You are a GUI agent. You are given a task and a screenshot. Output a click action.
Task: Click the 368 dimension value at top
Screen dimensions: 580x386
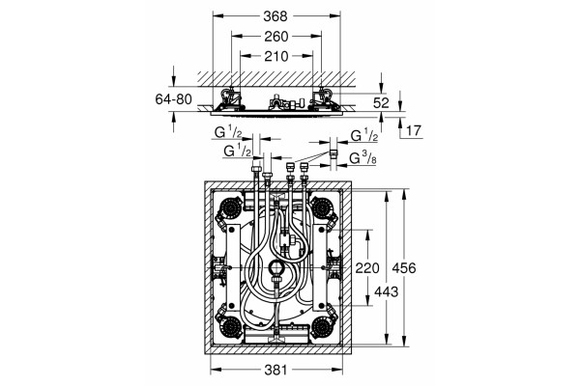tap(275, 15)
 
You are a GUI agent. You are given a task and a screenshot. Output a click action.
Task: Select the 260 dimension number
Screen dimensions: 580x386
tap(275, 37)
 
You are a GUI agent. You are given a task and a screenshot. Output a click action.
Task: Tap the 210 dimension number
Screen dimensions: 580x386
tap(275, 56)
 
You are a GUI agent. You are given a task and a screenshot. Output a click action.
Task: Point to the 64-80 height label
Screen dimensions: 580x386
tap(173, 99)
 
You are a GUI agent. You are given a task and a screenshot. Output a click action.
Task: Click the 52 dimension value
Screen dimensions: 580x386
tap(381, 103)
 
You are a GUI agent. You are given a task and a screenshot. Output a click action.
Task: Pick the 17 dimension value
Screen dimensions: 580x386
tap(414, 130)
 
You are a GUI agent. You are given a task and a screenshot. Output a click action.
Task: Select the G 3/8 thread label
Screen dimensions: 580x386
tap(363, 158)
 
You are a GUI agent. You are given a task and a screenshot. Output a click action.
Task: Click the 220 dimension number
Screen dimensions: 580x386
tap(367, 268)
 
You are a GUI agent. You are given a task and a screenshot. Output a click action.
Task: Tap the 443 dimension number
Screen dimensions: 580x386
tap(386, 291)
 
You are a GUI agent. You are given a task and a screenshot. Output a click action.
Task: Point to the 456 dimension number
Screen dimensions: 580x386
tap(404, 268)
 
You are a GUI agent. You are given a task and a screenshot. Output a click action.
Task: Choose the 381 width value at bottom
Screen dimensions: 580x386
tap(275, 370)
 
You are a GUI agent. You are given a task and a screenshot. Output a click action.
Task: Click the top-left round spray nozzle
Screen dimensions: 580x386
tap(231, 207)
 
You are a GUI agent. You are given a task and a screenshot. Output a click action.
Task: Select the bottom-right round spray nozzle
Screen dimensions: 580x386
tap(321, 326)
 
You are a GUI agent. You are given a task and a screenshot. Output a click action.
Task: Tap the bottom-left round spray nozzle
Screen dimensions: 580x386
tap(231, 326)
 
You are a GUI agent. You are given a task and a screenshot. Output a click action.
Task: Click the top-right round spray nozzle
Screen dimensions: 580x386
tap(321, 207)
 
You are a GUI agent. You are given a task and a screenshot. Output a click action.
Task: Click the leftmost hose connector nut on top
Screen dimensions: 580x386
tap(256, 169)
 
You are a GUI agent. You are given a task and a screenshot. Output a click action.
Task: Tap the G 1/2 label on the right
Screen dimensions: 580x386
tap(364, 135)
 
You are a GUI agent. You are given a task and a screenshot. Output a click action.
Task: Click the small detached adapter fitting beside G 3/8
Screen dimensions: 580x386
tap(333, 153)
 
